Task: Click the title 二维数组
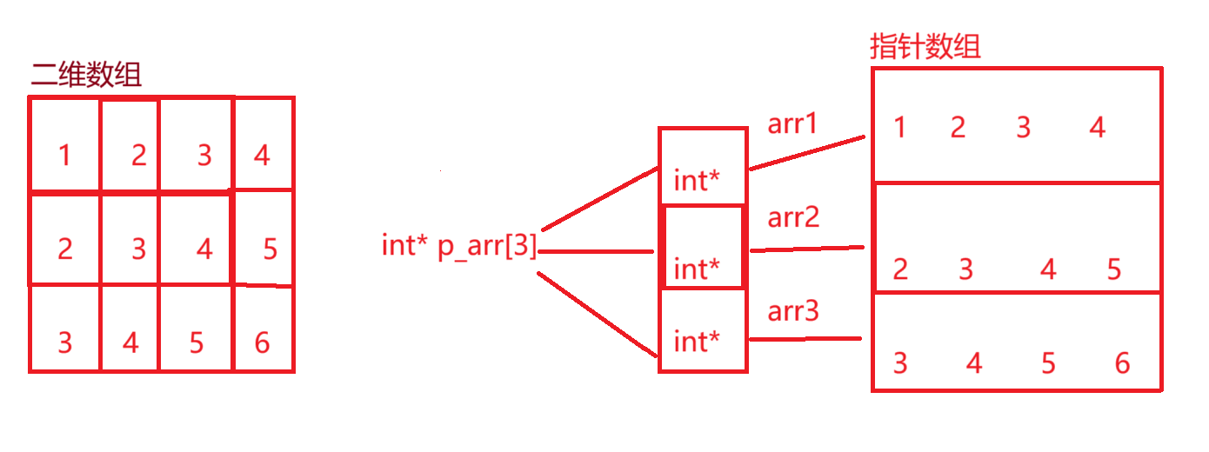pyautogui.click(x=86, y=76)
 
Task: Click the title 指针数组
pyautogui.click(x=925, y=46)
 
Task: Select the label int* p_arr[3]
pyautogui.click(x=459, y=246)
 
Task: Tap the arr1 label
pyautogui.click(x=792, y=123)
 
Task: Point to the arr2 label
pyautogui.click(x=793, y=216)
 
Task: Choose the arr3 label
pyautogui.click(x=792, y=310)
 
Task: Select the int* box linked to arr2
pyautogui.click(x=703, y=248)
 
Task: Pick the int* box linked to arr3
pyautogui.click(x=703, y=330)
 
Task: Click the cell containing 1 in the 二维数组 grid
pyautogui.click(x=65, y=145)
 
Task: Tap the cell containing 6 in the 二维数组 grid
pyautogui.click(x=263, y=330)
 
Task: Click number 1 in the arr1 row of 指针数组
pyautogui.click(x=899, y=128)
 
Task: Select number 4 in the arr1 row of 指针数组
pyautogui.click(x=1097, y=128)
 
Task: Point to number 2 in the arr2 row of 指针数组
pyautogui.click(x=899, y=269)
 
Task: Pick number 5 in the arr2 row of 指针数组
pyautogui.click(x=1114, y=269)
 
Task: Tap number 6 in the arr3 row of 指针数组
pyautogui.click(x=1122, y=362)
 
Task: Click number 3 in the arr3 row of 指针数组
pyautogui.click(x=899, y=362)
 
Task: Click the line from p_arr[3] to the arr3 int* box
pyautogui.click(x=598, y=315)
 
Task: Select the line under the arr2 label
pyautogui.click(x=806, y=249)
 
